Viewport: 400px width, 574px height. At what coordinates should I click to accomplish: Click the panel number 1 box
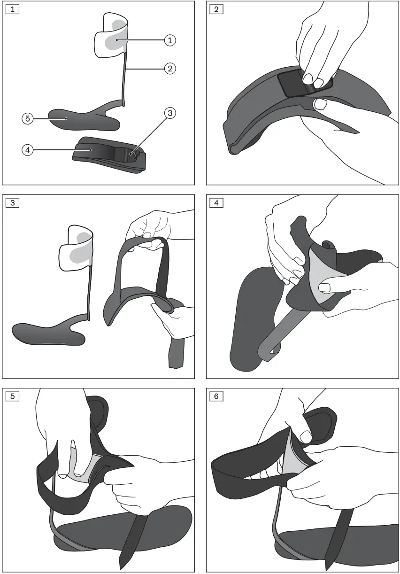12,9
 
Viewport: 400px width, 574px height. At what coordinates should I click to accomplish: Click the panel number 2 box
216,9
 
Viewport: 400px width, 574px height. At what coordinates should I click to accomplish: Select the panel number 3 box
12,203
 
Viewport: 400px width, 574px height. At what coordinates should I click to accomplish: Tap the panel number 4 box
216,203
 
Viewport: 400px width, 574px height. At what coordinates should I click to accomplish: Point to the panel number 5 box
12,396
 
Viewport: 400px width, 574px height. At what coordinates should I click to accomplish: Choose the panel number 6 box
216,396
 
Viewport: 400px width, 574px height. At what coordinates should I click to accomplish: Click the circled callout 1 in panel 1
169,40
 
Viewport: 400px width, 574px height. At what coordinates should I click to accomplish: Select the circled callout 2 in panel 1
169,69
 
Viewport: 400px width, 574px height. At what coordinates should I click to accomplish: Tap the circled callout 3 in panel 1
169,113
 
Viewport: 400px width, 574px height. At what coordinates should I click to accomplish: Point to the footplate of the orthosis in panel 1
85,117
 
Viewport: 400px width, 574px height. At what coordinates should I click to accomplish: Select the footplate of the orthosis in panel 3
47,332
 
